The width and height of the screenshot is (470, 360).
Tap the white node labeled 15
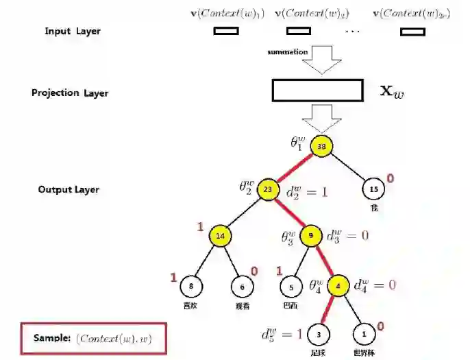pos(373,190)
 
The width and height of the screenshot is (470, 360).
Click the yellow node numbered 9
pos(311,236)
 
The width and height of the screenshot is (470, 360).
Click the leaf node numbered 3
pos(319,334)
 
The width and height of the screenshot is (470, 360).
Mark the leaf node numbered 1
pos(364,334)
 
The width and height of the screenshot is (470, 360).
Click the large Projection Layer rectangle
pos(318,91)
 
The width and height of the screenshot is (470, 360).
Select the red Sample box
pos(93,338)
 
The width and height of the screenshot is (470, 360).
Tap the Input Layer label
pos(73,32)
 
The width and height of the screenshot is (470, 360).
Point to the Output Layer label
pos(69,189)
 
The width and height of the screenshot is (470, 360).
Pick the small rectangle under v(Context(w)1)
pos(226,31)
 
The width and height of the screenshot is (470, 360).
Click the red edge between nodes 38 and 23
pos(295,168)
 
